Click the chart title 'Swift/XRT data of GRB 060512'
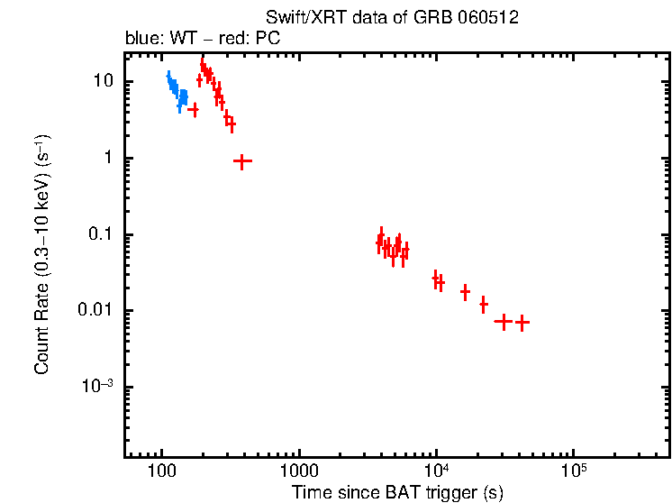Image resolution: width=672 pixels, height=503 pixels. pyautogui.click(x=392, y=18)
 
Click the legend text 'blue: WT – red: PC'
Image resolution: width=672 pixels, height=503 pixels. pyautogui.click(x=204, y=41)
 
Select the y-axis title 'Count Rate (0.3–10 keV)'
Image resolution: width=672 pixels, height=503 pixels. pyautogui.click(x=42, y=254)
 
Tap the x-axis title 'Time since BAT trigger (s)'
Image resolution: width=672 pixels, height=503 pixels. pyautogui.click(x=397, y=492)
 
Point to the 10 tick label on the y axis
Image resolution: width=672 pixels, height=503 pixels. pyautogui.click(x=102, y=81)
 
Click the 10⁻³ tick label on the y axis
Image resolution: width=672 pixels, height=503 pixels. pyautogui.click(x=99, y=387)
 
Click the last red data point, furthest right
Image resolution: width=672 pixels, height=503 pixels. pyautogui.click(x=521, y=322)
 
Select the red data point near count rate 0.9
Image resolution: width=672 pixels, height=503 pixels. pyautogui.click(x=241, y=160)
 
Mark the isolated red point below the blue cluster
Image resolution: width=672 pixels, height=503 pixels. pyautogui.click(x=193, y=109)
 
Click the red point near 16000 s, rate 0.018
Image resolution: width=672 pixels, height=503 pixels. pyautogui.click(x=465, y=292)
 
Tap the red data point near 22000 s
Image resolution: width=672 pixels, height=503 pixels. pyautogui.click(x=484, y=305)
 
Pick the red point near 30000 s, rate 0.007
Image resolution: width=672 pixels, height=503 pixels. pyautogui.click(x=503, y=321)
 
